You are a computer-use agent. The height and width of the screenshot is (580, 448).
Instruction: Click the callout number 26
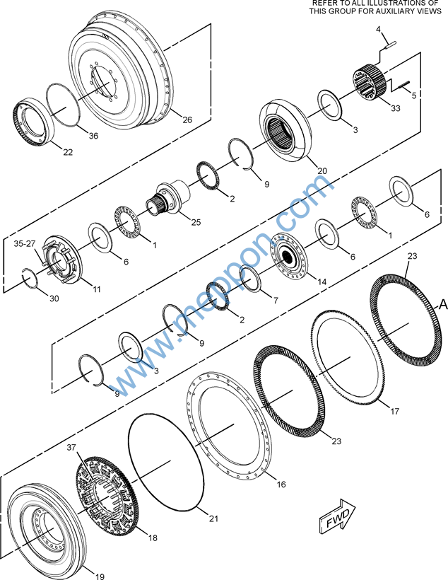(187, 120)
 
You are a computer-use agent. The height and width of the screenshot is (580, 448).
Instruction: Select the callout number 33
(394, 108)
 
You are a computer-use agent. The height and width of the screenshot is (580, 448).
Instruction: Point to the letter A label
(443, 304)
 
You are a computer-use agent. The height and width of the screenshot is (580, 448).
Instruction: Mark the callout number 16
(281, 485)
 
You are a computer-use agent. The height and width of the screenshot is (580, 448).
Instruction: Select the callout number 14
(322, 282)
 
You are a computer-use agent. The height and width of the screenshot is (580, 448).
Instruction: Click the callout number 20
(322, 170)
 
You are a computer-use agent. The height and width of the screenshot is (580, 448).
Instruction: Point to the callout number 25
(196, 222)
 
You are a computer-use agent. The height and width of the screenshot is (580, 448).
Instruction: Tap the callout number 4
(378, 29)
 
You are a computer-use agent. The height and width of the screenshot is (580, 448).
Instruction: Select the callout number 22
(68, 152)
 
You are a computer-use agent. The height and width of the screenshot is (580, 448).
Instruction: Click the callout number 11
(96, 289)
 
